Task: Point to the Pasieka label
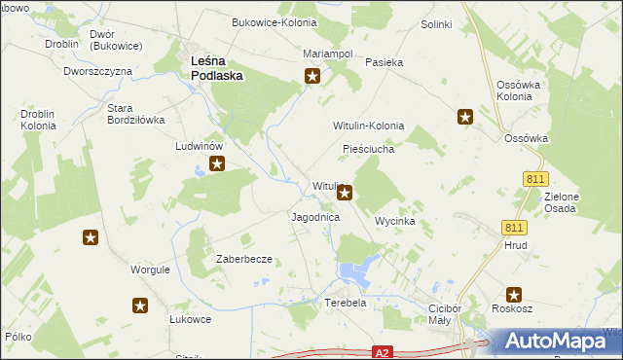384,62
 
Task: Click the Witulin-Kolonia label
369,126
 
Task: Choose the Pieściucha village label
368,150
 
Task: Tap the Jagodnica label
315,218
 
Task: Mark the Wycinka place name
395,222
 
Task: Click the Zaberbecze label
243,259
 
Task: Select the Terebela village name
345,303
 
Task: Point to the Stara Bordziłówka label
135,114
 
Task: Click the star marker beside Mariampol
312,75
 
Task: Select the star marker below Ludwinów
217,164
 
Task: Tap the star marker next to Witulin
344,194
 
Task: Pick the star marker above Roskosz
514,295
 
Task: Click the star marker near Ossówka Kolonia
465,118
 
